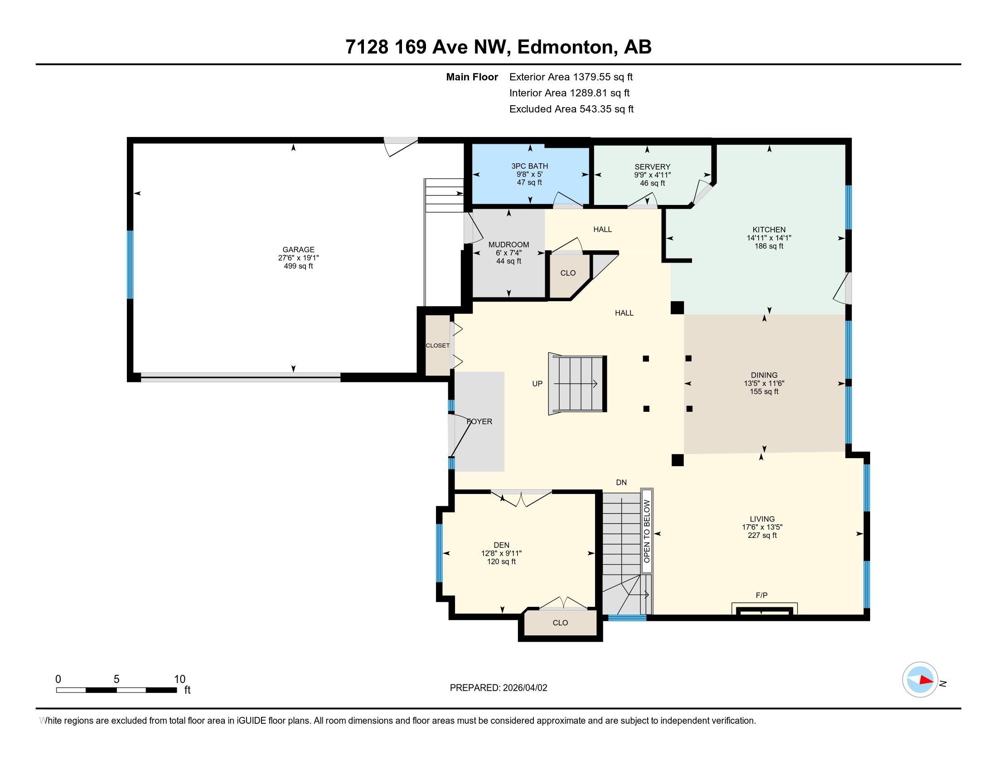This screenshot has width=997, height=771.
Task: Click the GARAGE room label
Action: [298, 249]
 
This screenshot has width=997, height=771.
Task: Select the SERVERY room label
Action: [652, 167]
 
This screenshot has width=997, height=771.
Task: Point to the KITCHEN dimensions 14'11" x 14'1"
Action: [769, 238]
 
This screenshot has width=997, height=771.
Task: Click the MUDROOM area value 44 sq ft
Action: [508, 261]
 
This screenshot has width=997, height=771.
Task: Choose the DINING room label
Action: [764, 375]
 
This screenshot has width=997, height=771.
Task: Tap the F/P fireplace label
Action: [761, 595]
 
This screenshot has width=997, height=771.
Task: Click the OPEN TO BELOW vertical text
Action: [647, 531]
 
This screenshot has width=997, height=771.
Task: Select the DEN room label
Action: [501, 545]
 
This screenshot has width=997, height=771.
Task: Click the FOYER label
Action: [479, 422]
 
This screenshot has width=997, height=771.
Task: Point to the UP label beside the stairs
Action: [537, 384]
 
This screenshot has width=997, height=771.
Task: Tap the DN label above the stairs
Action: [621, 483]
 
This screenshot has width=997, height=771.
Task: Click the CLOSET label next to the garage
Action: [438, 346]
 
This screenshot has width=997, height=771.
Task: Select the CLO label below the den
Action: [560, 623]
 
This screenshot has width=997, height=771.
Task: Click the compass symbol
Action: [920, 680]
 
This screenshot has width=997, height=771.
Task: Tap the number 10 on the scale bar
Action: [179, 679]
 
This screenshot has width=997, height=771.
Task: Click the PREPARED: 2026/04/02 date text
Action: [498, 688]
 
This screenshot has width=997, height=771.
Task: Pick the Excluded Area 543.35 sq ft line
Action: [571, 109]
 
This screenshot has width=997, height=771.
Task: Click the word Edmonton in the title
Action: [566, 47]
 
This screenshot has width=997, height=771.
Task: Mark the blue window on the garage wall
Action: [130, 264]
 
